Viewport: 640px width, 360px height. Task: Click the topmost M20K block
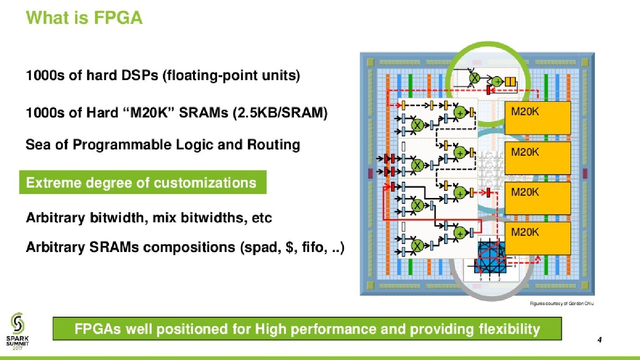tap(537, 118)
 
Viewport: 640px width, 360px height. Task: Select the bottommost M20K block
tap(537, 238)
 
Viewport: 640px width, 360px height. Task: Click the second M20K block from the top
tap(537, 158)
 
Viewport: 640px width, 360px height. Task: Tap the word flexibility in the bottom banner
tap(509, 329)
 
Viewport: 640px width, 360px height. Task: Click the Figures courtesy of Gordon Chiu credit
tap(562, 303)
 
